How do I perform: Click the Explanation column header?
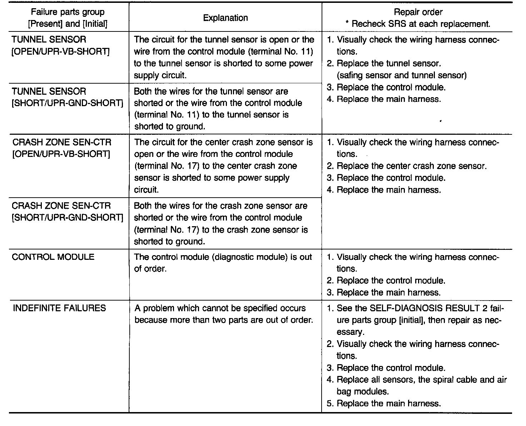225,18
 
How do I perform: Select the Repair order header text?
418,12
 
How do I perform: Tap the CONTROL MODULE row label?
53,257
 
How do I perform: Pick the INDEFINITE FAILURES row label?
59,308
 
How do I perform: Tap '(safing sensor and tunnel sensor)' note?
401,75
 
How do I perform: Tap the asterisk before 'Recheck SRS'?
347,24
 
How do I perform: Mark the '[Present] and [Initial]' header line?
68,24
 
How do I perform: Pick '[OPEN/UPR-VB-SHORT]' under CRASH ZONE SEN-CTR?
61,154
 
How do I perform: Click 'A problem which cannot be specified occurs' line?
220,308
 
